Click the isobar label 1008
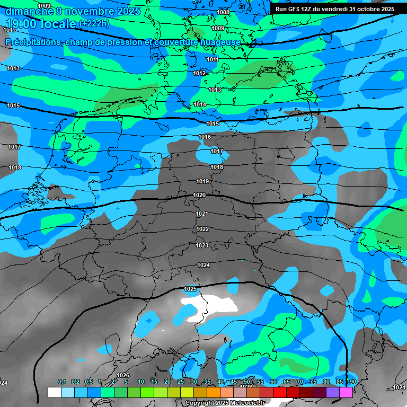coord(223,12)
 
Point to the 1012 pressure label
coord(199,73)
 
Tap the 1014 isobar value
coord(200,104)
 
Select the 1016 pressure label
coord(205,137)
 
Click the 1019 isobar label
coord(202,181)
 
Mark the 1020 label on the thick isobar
coord(199,195)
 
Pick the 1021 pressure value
coord(202,214)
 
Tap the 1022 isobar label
coord(202,229)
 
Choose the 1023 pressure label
coord(201,245)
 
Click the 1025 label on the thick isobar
coord(191,289)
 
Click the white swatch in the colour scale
coord(54,392)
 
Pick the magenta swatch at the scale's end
coord(346,392)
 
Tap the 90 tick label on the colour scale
coord(352,382)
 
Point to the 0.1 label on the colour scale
coord(62,382)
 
